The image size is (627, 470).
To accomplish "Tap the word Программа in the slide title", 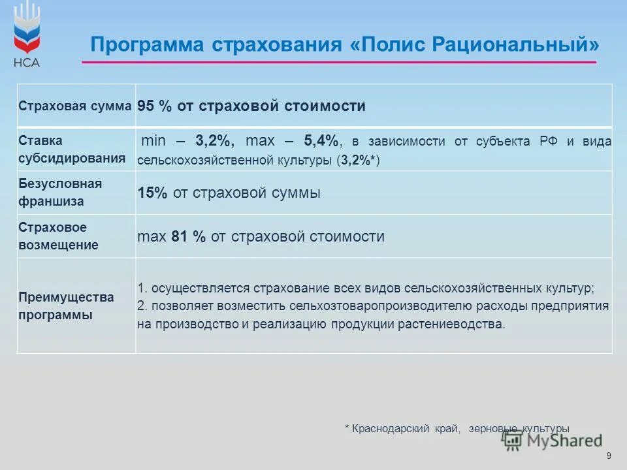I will [x=148, y=45].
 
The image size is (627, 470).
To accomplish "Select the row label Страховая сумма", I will [x=75, y=106].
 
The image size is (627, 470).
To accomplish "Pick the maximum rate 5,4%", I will [x=322, y=141].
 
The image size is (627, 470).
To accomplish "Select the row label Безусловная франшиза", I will [x=60, y=193].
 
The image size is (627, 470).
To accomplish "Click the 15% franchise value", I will [x=153, y=193].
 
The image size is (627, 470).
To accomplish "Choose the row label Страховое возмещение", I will [x=59, y=236].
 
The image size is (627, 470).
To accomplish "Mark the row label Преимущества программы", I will [x=66, y=305].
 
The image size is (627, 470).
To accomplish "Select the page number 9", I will [x=609, y=456].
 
